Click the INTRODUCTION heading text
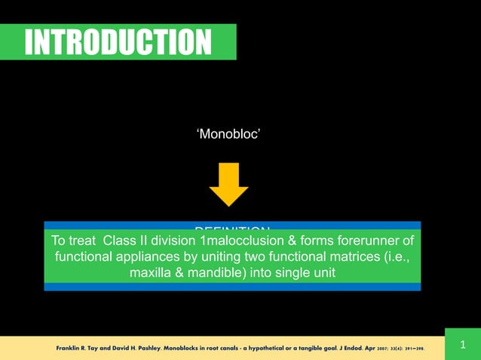(x=118, y=42)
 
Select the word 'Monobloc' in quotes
(x=228, y=134)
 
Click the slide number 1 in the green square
(x=462, y=346)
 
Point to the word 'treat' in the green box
(x=84, y=241)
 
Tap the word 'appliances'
(x=144, y=257)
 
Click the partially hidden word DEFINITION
(x=231, y=227)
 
